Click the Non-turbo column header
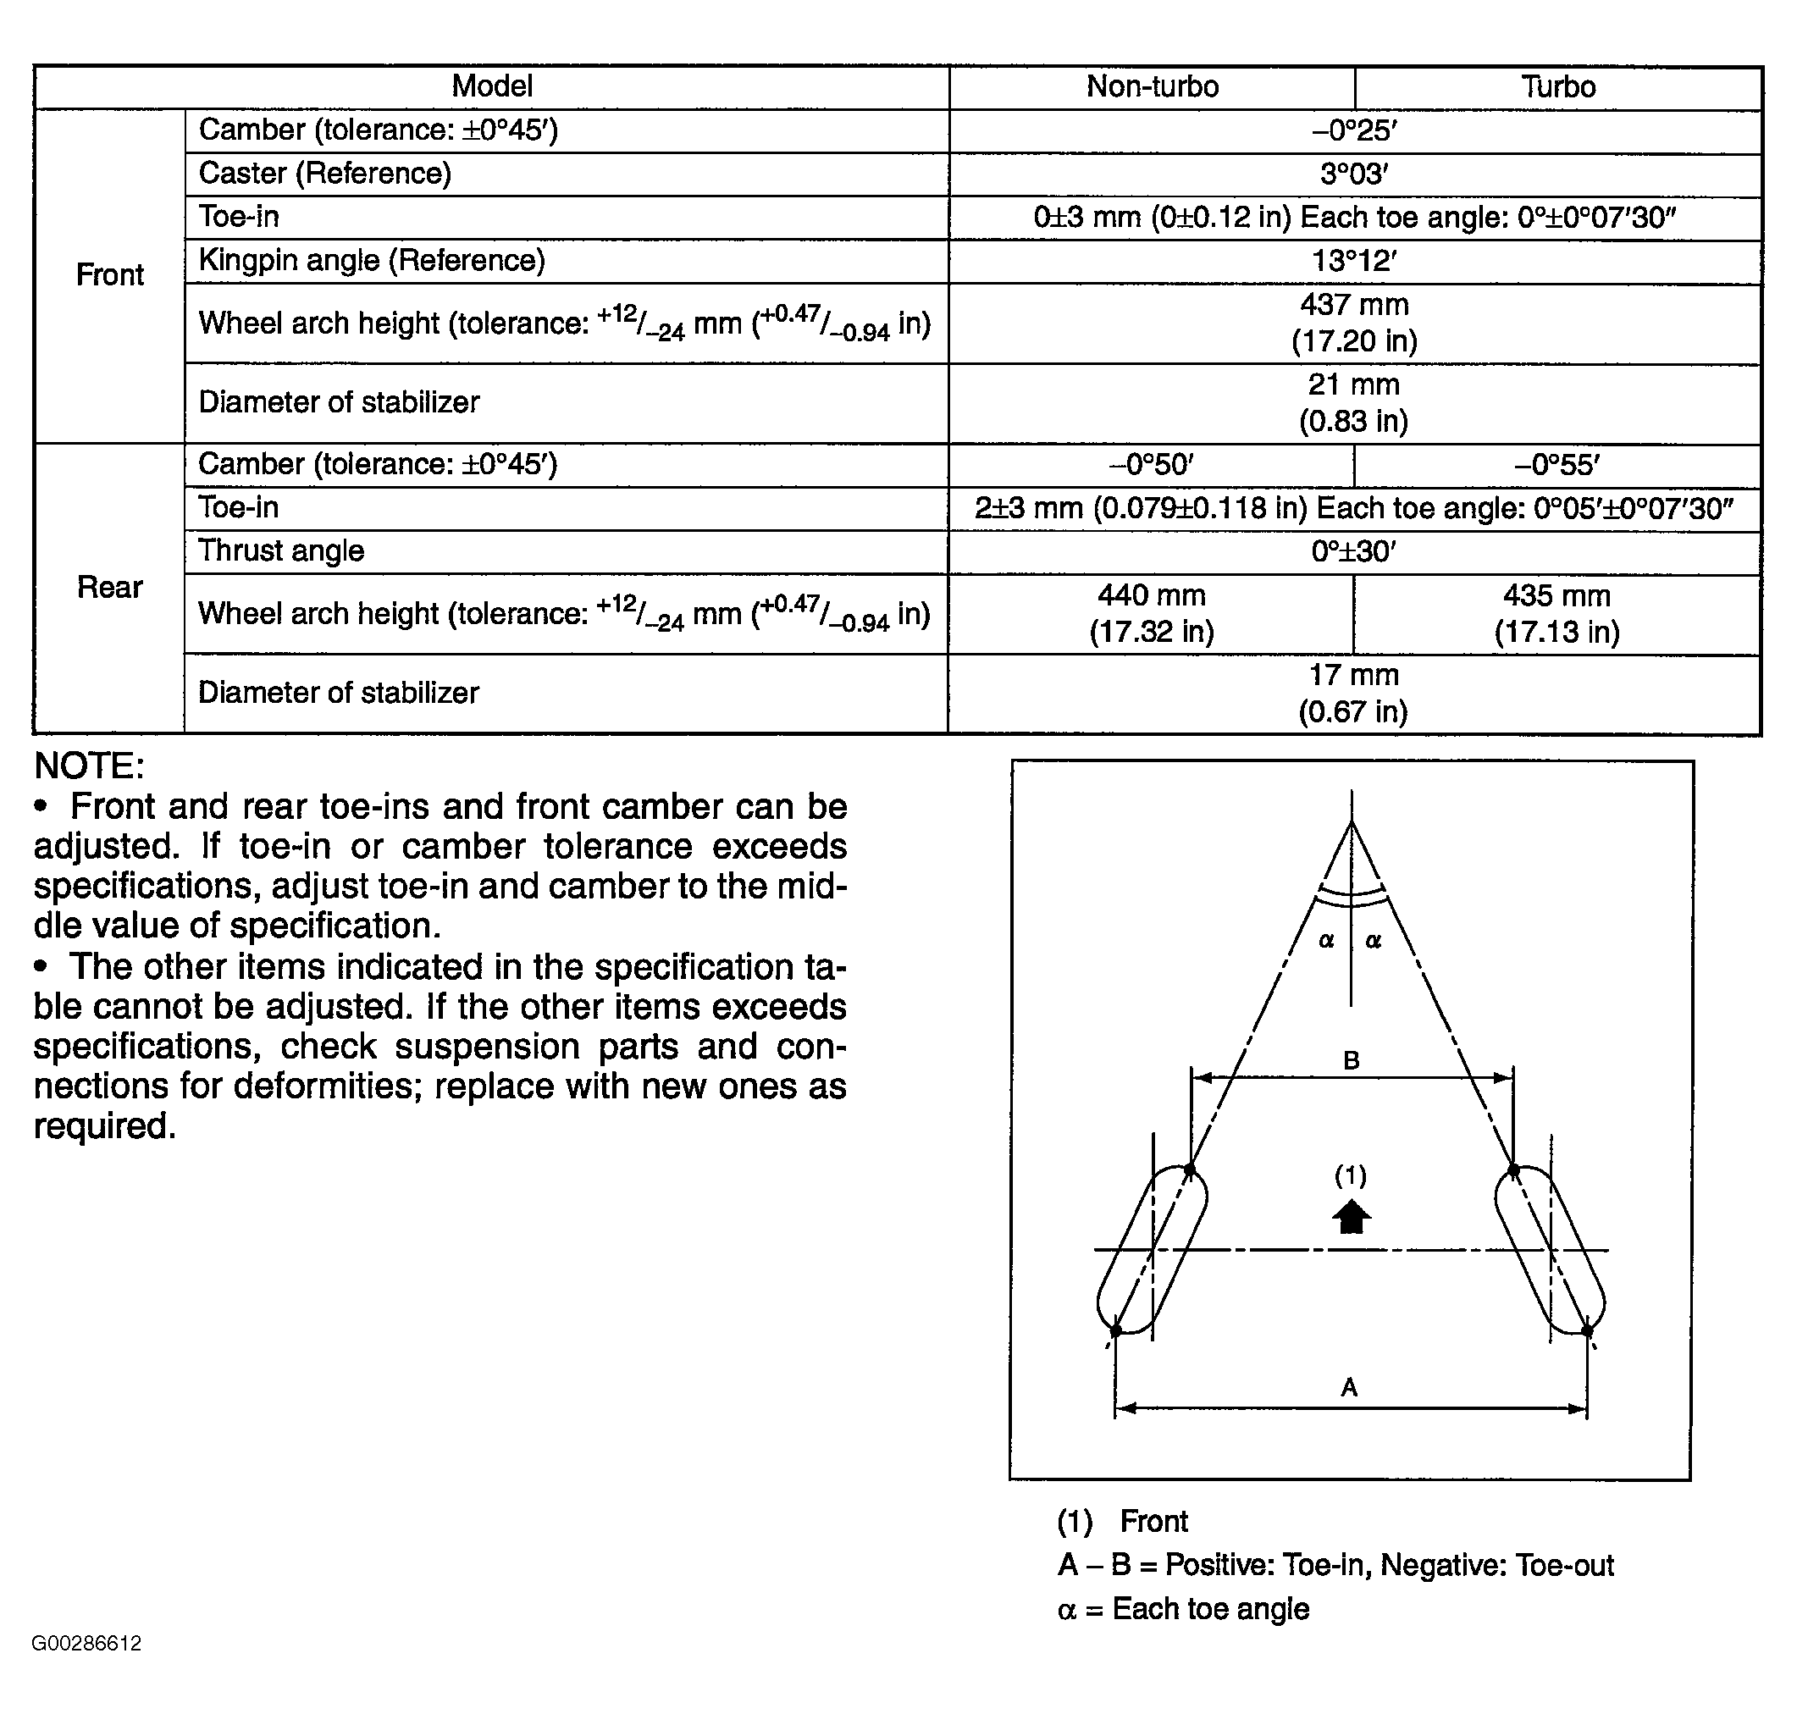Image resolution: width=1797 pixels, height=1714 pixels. (x=1151, y=86)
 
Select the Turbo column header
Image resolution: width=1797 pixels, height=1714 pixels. (x=1557, y=86)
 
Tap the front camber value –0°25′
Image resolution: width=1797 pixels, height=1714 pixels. (x=1354, y=130)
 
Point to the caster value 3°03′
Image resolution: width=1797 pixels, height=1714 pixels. (x=1354, y=174)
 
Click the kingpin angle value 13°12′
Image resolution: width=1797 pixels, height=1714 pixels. (x=1354, y=262)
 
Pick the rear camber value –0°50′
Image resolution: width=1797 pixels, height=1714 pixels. (x=1151, y=465)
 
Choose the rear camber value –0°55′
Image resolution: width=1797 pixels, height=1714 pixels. (x=1556, y=465)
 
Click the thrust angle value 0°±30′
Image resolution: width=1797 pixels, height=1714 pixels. (x=1353, y=552)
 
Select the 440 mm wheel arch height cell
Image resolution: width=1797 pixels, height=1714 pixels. (x=1151, y=613)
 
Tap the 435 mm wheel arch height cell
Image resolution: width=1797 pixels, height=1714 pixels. (x=1556, y=613)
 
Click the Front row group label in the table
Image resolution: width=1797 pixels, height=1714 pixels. (x=109, y=275)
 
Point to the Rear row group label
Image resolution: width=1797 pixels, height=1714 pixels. (x=109, y=588)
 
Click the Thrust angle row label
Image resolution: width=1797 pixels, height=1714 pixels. (x=280, y=551)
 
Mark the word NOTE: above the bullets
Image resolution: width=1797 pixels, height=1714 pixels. (x=90, y=766)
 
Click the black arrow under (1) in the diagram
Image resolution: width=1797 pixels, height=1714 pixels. (x=1352, y=1217)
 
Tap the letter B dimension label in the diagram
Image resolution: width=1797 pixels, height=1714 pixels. (x=1352, y=1061)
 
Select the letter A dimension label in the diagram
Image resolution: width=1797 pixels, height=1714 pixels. (x=1349, y=1388)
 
